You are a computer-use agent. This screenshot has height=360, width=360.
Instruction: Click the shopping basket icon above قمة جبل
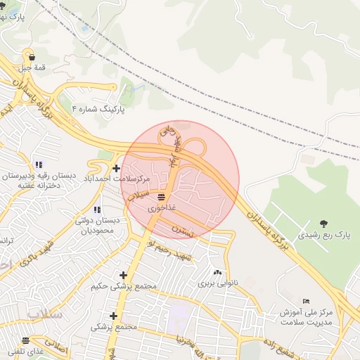(30, 56)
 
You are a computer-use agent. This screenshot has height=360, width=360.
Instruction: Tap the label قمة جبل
(30, 68)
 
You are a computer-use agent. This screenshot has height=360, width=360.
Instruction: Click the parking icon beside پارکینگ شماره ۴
(76, 109)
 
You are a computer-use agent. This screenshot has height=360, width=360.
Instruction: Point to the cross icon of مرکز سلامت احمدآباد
(116, 168)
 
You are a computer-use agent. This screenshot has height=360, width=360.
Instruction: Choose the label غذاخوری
(158, 209)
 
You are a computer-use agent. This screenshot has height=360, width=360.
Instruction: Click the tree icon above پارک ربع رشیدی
(323, 222)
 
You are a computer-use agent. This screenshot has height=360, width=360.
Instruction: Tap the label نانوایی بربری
(214, 284)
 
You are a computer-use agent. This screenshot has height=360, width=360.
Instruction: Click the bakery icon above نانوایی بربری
(216, 273)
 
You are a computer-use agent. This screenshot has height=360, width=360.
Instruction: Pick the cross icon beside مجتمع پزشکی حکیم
(124, 275)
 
